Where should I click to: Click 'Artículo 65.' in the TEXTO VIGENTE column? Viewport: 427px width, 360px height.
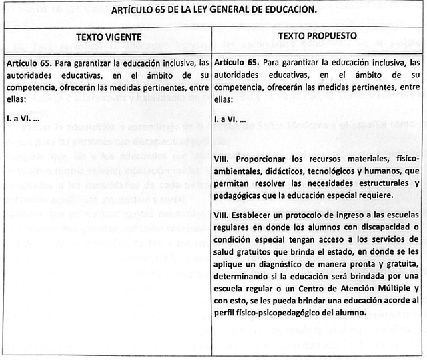[x=31, y=63]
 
